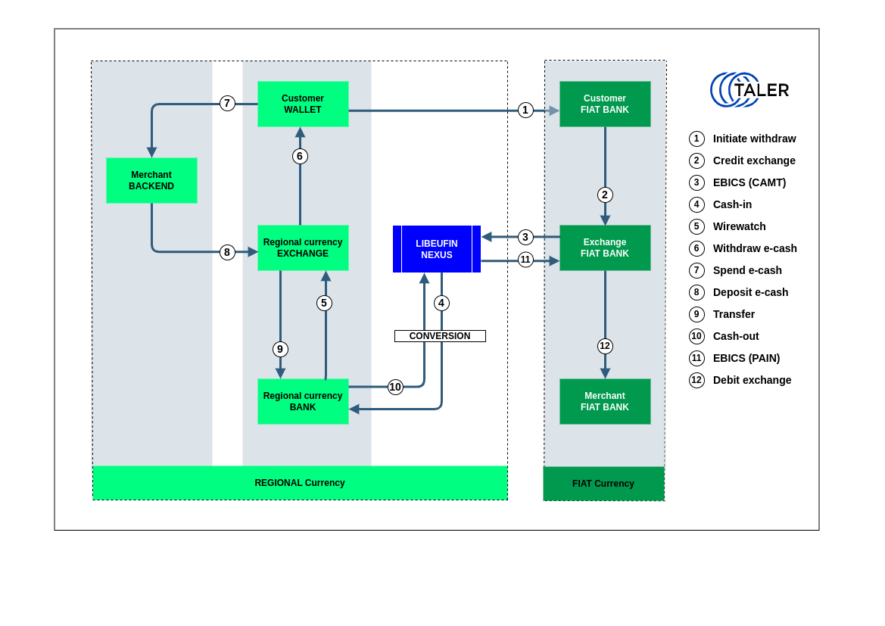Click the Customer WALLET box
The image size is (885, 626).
click(x=303, y=104)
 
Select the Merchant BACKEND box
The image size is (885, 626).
click(x=151, y=180)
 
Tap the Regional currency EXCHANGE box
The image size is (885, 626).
click(x=303, y=248)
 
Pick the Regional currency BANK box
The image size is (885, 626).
click(x=303, y=401)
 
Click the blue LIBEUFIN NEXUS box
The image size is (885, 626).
click(x=437, y=249)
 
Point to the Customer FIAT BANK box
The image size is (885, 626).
click(x=605, y=104)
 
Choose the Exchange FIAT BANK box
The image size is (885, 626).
click(x=605, y=248)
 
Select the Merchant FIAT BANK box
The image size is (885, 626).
click(x=605, y=401)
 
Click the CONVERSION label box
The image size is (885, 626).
click(x=440, y=336)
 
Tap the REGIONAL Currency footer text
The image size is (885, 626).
click(x=300, y=483)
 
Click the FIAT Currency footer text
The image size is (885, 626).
click(x=603, y=484)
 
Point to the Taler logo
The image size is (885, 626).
click(x=749, y=90)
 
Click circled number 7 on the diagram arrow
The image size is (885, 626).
click(x=227, y=104)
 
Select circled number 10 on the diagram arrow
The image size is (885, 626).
click(x=395, y=387)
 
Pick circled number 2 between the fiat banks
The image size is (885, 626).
click(x=605, y=195)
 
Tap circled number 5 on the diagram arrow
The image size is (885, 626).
click(x=324, y=303)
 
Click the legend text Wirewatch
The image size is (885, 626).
click(x=740, y=226)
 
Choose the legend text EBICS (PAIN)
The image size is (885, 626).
click(x=746, y=358)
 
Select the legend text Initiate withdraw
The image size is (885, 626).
click(x=755, y=139)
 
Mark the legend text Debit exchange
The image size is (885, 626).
click(x=753, y=380)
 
